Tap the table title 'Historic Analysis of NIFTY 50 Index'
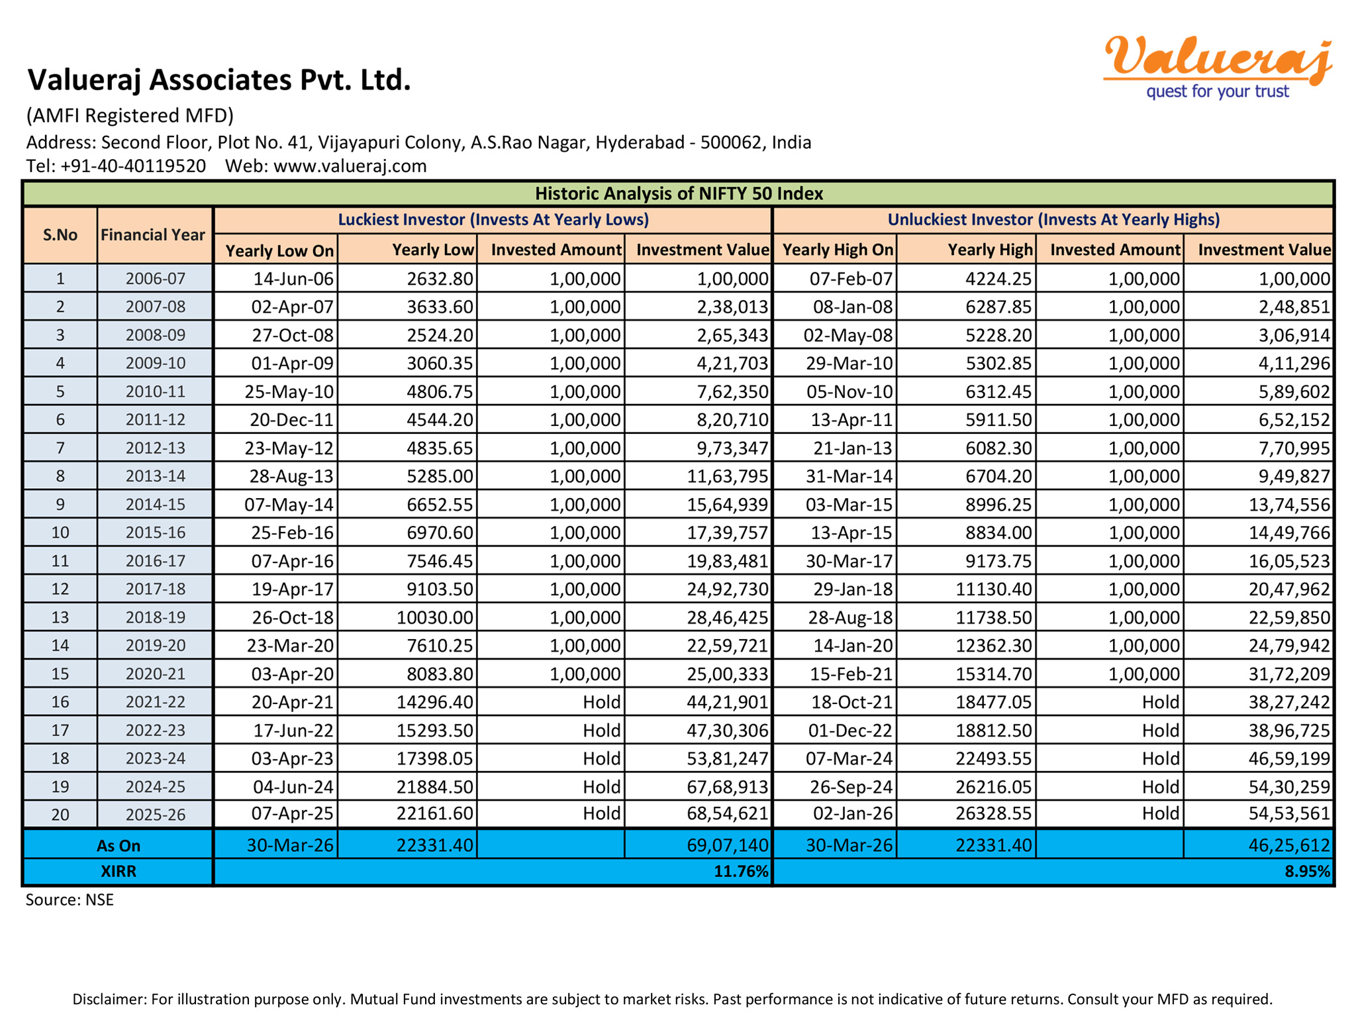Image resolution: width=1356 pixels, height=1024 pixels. pyautogui.click(x=678, y=193)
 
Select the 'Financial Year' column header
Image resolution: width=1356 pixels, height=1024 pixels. pyautogui.click(x=153, y=235)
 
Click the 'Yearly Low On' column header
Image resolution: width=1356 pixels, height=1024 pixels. pyautogui.click(x=279, y=250)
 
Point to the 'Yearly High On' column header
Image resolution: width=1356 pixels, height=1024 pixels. pyautogui.click(x=838, y=250)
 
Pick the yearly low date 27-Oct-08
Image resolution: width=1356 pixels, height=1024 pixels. pyautogui.click(x=293, y=335)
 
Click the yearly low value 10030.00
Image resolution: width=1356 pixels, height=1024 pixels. pyautogui.click(x=435, y=617)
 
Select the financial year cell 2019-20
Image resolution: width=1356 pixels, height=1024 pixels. pyautogui.click(x=156, y=646)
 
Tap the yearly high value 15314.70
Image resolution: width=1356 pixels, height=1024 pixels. pyautogui.click(x=993, y=674)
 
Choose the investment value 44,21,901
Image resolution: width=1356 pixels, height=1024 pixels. pyautogui.click(x=727, y=702)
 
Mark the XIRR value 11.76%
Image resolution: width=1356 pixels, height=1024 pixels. pyautogui.click(x=741, y=872)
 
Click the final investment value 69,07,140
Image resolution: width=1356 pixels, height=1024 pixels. pyautogui.click(x=727, y=845)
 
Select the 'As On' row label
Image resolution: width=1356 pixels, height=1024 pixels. pyautogui.click(x=118, y=846)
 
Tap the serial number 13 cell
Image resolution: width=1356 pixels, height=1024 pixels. pyautogui.click(x=60, y=617)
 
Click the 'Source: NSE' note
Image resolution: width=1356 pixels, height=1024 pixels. pyautogui.click(x=70, y=899)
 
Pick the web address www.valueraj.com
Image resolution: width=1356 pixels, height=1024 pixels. pyautogui.click(x=350, y=166)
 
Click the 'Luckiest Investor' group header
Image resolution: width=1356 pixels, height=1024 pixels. pyautogui.click(x=493, y=220)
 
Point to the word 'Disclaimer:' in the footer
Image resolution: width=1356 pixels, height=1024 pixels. pyautogui.click(x=109, y=999)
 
